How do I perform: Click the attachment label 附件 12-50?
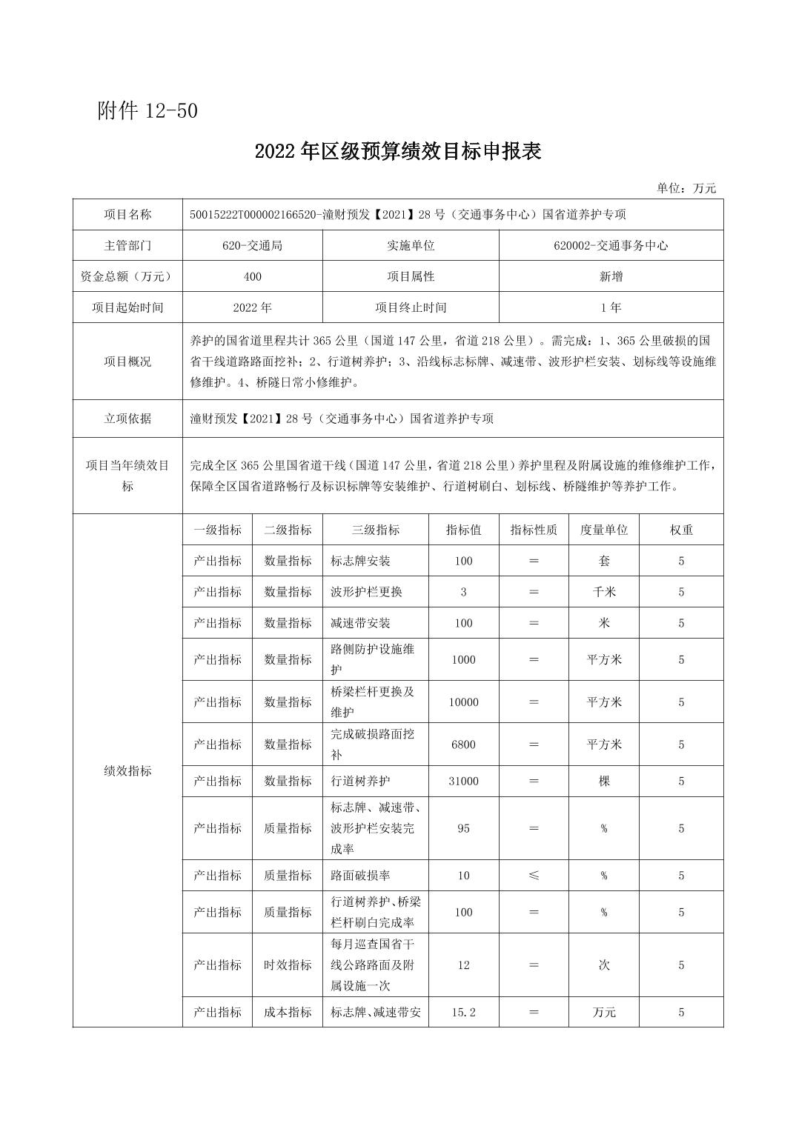click(x=147, y=111)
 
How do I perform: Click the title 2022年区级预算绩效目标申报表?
click(x=398, y=151)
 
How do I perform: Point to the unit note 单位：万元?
click(x=686, y=188)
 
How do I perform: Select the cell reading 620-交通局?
click(x=252, y=245)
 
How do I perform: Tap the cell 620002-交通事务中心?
click(x=611, y=245)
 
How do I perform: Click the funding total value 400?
click(x=252, y=276)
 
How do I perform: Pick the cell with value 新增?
click(x=611, y=276)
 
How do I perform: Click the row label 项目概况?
click(x=127, y=362)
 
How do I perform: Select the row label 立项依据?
click(x=127, y=419)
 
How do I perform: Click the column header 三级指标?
click(x=376, y=530)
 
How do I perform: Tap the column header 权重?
click(x=681, y=530)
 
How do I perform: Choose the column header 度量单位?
click(x=603, y=530)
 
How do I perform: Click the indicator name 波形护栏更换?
click(x=367, y=592)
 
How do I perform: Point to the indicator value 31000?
click(x=463, y=781)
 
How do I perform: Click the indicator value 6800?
click(x=463, y=744)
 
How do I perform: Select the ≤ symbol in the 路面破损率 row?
click(x=534, y=876)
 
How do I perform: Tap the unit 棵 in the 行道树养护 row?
click(x=603, y=781)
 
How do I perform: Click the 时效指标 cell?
click(x=288, y=965)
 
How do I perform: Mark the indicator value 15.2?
click(x=463, y=1012)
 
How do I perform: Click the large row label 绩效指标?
click(x=127, y=770)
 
